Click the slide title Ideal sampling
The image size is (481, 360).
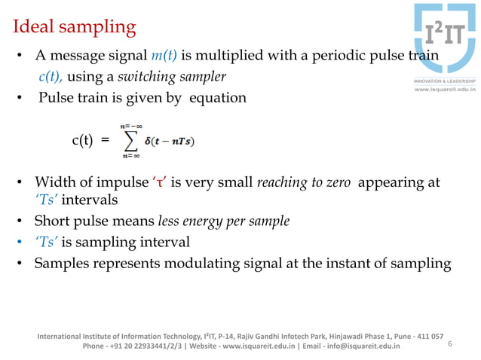74,28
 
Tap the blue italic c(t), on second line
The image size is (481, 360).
51,77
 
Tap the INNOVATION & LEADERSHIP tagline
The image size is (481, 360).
443,81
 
